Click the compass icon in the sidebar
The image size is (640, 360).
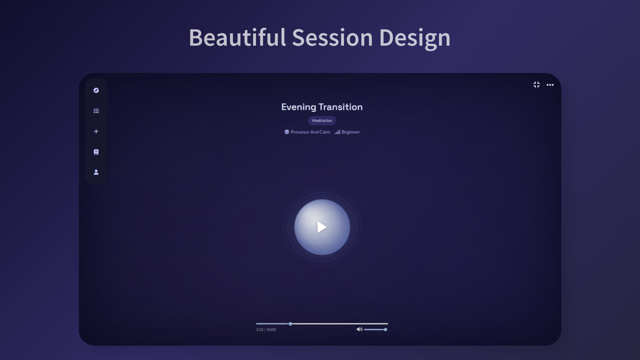point(96,90)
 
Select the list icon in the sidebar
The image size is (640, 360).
point(96,111)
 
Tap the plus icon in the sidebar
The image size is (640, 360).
point(96,131)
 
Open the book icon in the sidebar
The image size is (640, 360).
point(96,152)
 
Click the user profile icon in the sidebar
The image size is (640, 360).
point(96,172)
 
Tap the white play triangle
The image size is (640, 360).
point(322,227)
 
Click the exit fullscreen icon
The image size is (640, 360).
point(536,85)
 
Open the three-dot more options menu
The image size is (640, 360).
point(550,85)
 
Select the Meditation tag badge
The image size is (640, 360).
point(322,121)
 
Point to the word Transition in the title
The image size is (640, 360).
point(340,107)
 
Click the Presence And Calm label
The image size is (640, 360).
point(310,132)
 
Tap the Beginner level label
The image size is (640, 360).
point(351,132)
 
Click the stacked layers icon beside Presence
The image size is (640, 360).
point(287,132)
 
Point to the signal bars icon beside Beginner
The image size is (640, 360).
point(337,132)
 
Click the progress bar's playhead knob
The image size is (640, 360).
point(290,324)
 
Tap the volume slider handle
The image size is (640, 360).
point(385,330)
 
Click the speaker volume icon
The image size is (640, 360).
point(359,329)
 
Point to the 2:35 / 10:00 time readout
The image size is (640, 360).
point(266,330)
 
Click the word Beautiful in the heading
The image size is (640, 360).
point(237,37)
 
